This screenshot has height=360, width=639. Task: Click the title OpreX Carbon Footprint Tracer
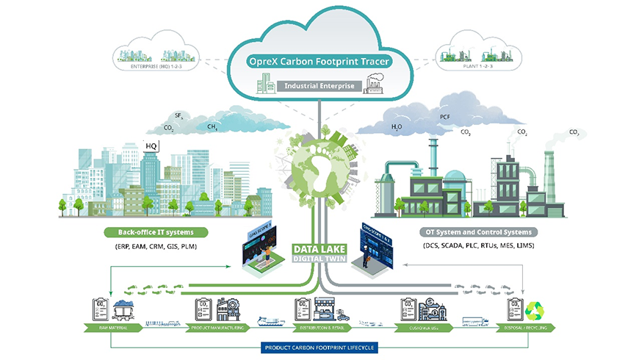pos(319,62)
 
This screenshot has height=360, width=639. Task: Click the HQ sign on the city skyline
pos(153,145)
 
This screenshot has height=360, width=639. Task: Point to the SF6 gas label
pos(178,116)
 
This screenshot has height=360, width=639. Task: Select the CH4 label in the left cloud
pos(212,127)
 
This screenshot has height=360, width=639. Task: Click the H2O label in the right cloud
pos(397,126)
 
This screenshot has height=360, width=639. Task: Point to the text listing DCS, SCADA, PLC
pos(479,245)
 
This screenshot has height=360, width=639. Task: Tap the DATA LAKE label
pos(319,248)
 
